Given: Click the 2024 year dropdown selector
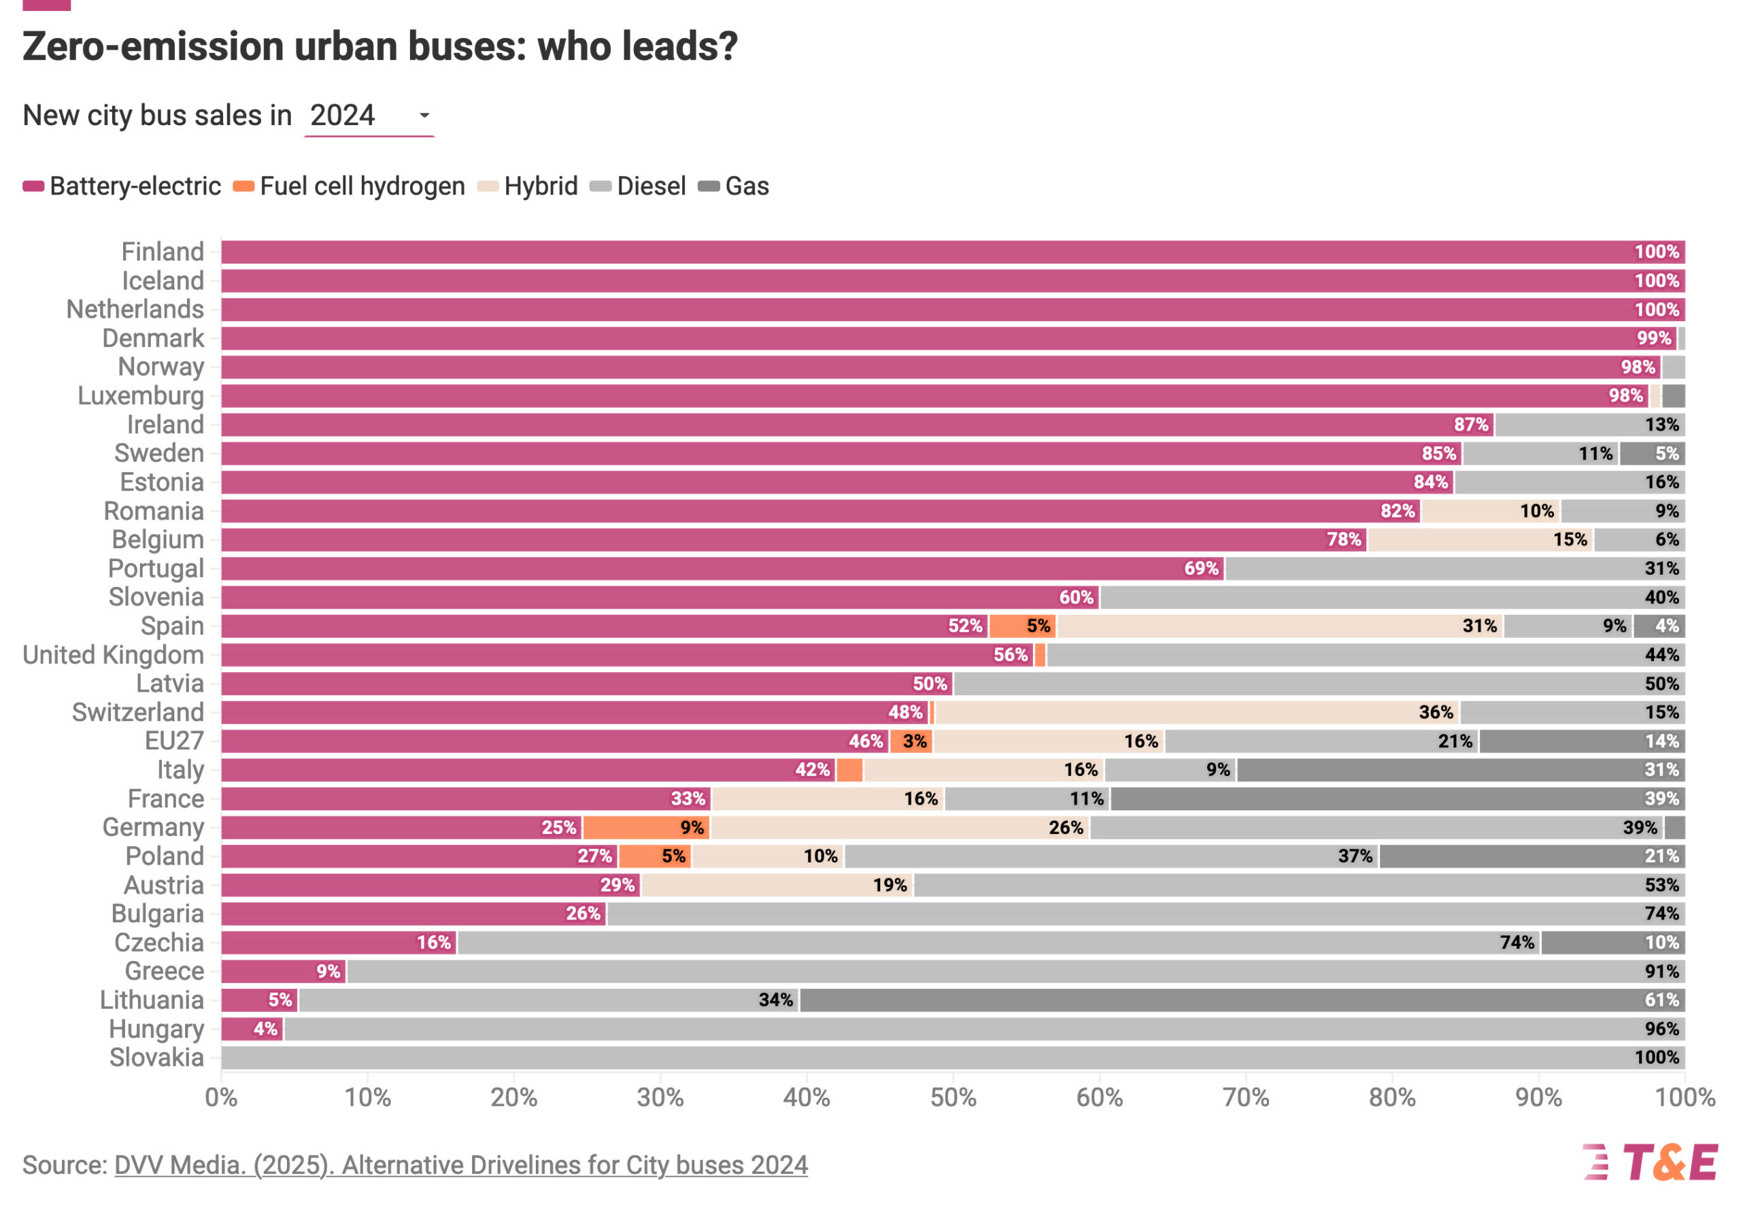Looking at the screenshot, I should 369,116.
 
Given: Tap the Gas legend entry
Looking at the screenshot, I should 734,186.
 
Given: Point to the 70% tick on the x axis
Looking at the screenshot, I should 1245,1097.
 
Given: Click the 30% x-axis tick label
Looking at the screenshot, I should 660,1097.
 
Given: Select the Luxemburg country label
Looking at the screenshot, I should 141,396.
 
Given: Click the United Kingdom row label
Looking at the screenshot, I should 114,655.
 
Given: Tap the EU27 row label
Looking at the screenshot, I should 174,741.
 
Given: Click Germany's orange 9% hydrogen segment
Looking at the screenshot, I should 646,827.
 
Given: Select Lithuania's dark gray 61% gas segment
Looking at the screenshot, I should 1242,1000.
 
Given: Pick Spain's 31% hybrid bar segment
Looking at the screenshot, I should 1279,626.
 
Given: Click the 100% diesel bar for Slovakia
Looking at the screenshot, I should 952,1058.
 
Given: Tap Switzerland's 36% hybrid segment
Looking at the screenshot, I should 1197,713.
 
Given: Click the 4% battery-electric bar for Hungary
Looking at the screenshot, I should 252,1029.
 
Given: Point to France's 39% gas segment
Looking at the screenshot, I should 1397,799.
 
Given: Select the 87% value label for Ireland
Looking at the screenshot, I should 1470,424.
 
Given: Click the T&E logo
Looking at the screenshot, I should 1649,1163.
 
